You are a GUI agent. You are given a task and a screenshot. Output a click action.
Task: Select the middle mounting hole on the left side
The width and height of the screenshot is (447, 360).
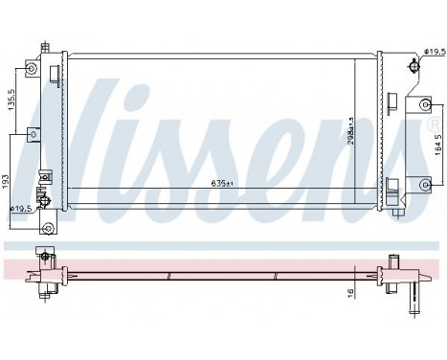(34, 134)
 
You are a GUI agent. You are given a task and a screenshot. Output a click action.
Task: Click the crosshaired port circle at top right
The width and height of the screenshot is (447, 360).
(413, 66)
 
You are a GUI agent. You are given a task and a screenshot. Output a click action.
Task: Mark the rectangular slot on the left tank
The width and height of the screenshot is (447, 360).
(44, 178)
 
